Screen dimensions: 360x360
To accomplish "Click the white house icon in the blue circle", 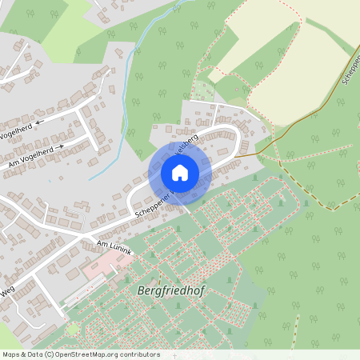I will (180, 172).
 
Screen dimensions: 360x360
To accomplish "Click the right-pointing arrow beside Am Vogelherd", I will (59, 146).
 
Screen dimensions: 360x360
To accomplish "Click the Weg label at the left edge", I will (6, 295).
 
